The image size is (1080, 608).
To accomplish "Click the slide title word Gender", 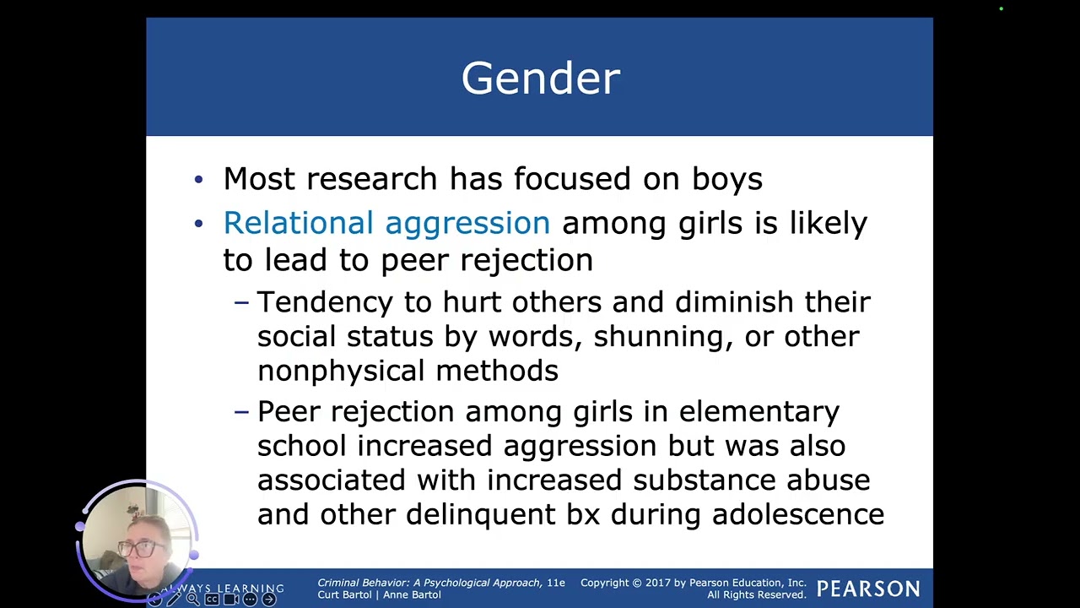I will tap(540, 79).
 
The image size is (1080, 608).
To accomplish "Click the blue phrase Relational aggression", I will tap(386, 223).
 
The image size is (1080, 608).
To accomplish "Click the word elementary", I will tap(759, 412).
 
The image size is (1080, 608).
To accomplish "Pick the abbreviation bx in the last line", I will tap(582, 514).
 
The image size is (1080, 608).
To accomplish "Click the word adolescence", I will tap(797, 514).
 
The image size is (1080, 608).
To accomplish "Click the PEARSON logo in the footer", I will tap(868, 589).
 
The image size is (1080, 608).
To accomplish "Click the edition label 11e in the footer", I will tap(556, 583).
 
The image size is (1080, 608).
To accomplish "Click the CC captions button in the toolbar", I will tap(212, 600).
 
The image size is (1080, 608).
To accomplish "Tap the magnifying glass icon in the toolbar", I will tap(192, 600).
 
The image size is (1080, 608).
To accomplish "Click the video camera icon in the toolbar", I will tap(230, 600).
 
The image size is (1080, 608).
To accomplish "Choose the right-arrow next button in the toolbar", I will tap(269, 600).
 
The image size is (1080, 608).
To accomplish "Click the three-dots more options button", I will tap(250, 600).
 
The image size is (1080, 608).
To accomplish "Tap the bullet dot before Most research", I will tap(198, 179).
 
